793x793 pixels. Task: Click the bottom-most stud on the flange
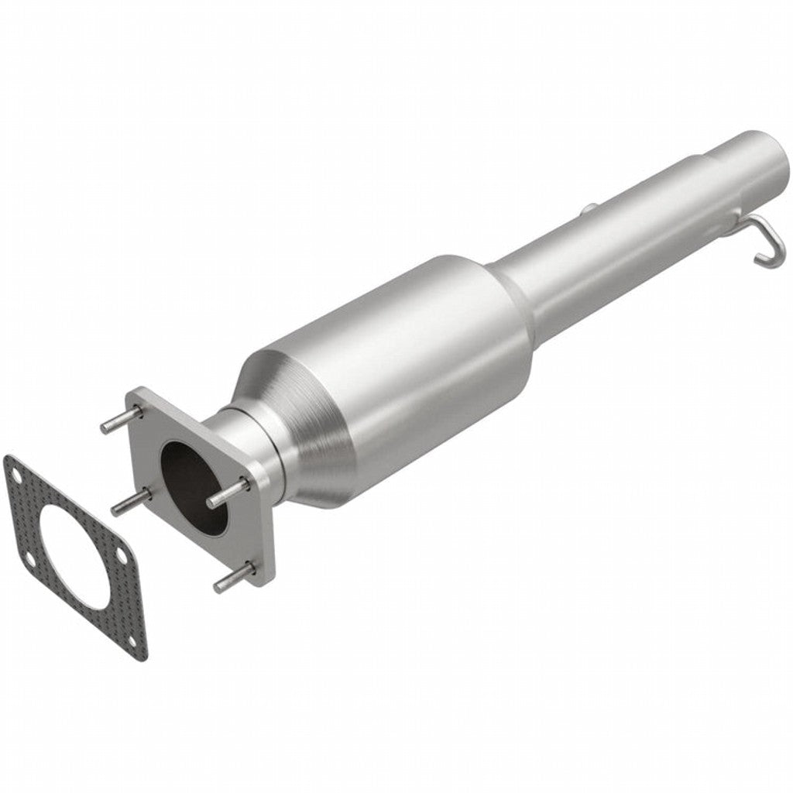coord(233,578)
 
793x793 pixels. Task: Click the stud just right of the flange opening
coord(228,493)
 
